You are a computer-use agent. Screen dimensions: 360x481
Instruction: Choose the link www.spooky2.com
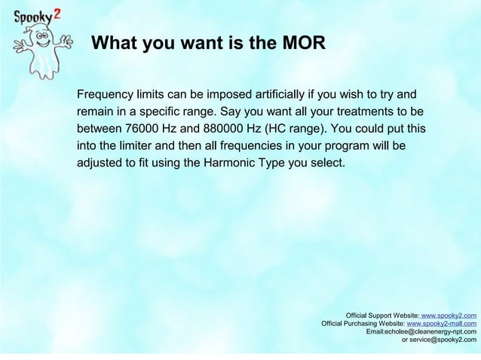[449, 316]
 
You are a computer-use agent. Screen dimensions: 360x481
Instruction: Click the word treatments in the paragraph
[354, 112]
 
